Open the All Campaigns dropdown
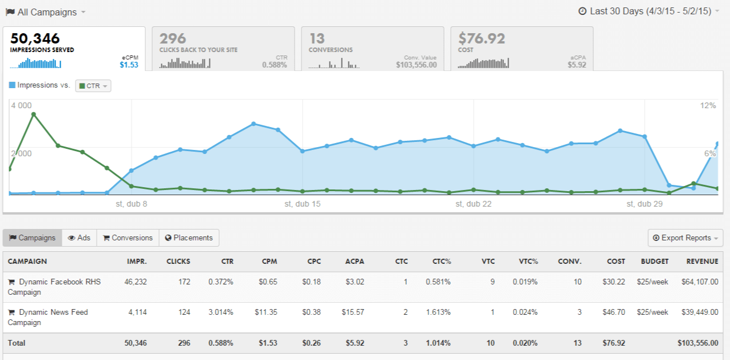tap(46, 12)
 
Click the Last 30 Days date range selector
tap(649, 11)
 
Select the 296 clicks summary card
tap(223, 49)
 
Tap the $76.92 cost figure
tap(482, 38)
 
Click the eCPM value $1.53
tap(129, 65)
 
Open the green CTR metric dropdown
tap(93, 86)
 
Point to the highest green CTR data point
tap(34, 114)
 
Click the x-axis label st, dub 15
tap(303, 204)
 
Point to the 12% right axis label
tap(708, 105)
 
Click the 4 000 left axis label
tap(22, 105)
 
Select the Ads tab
tap(79, 238)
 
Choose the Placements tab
tap(189, 238)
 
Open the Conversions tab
tap(128, 238)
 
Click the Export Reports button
tap(685, 238)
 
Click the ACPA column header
tap(355, 262)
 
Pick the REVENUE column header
tap(703, 262)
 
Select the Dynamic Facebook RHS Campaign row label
tap(54, 287)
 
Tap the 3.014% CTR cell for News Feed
tap(221, 312)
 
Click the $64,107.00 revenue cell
tap(700, 282)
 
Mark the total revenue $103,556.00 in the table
tap(698, 343)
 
